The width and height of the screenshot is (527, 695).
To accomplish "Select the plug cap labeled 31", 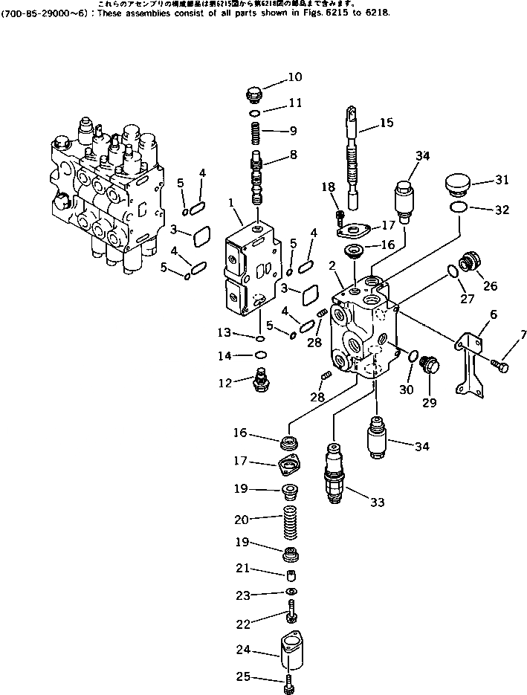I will coord(456,183).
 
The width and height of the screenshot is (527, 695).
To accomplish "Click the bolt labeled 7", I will coord(499,364).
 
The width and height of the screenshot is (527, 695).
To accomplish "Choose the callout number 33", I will coord(378,502).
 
